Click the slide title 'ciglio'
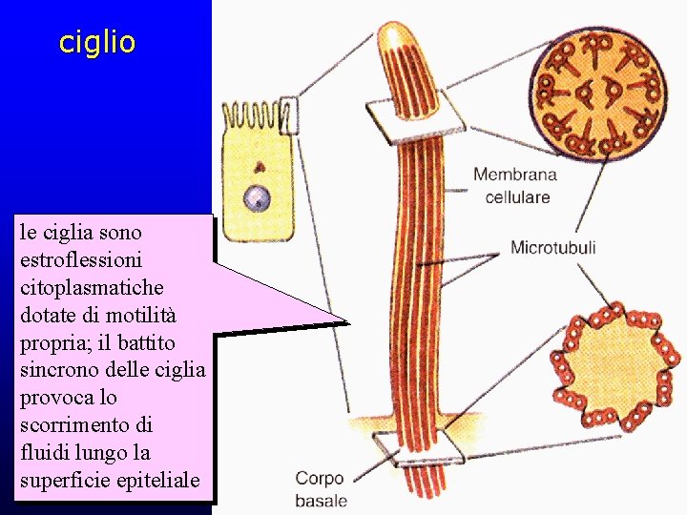[x=97, y=42]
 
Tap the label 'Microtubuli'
[x=553, y=248]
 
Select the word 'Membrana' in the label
[x=515, y=175]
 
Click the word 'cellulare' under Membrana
[x=518, y=197]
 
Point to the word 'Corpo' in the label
[x=319, y=479]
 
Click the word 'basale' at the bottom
[x=322, y=500]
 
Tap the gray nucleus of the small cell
[x=256, y=198]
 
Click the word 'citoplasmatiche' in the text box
[x=91, y=286]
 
